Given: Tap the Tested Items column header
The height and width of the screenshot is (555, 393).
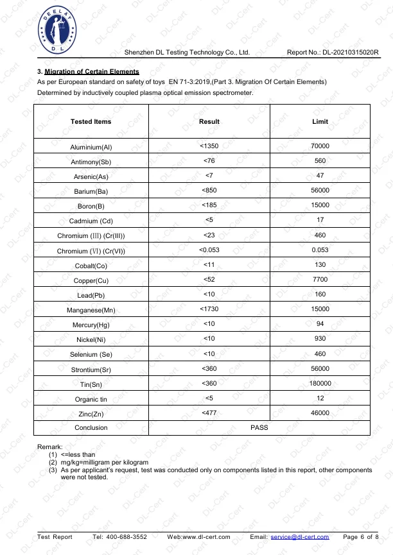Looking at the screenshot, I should coord(91,121).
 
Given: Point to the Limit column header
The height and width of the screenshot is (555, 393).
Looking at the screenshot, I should coord(320,121).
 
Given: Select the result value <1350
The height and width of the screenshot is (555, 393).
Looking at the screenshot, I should coord(209,146).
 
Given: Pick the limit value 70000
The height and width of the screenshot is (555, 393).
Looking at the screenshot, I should coord(320,146).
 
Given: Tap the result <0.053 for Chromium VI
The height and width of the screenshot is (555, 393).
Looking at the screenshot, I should coord(209,250).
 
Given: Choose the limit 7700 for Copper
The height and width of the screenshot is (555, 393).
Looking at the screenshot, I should coord(320,280).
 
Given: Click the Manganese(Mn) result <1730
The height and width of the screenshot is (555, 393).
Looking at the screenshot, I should coord(209,309).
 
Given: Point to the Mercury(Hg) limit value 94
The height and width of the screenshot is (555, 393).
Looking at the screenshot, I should coord(320,324).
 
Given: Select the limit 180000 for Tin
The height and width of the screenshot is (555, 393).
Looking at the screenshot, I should coord(320,383).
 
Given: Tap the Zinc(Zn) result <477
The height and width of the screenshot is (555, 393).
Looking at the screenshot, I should coord(209,413).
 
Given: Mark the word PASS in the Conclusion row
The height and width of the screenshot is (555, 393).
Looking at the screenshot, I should coord(259,427).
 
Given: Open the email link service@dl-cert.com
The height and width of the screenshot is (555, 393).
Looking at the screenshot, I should coord(300,537).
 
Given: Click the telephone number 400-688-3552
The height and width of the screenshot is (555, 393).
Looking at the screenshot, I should coord(129,537).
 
